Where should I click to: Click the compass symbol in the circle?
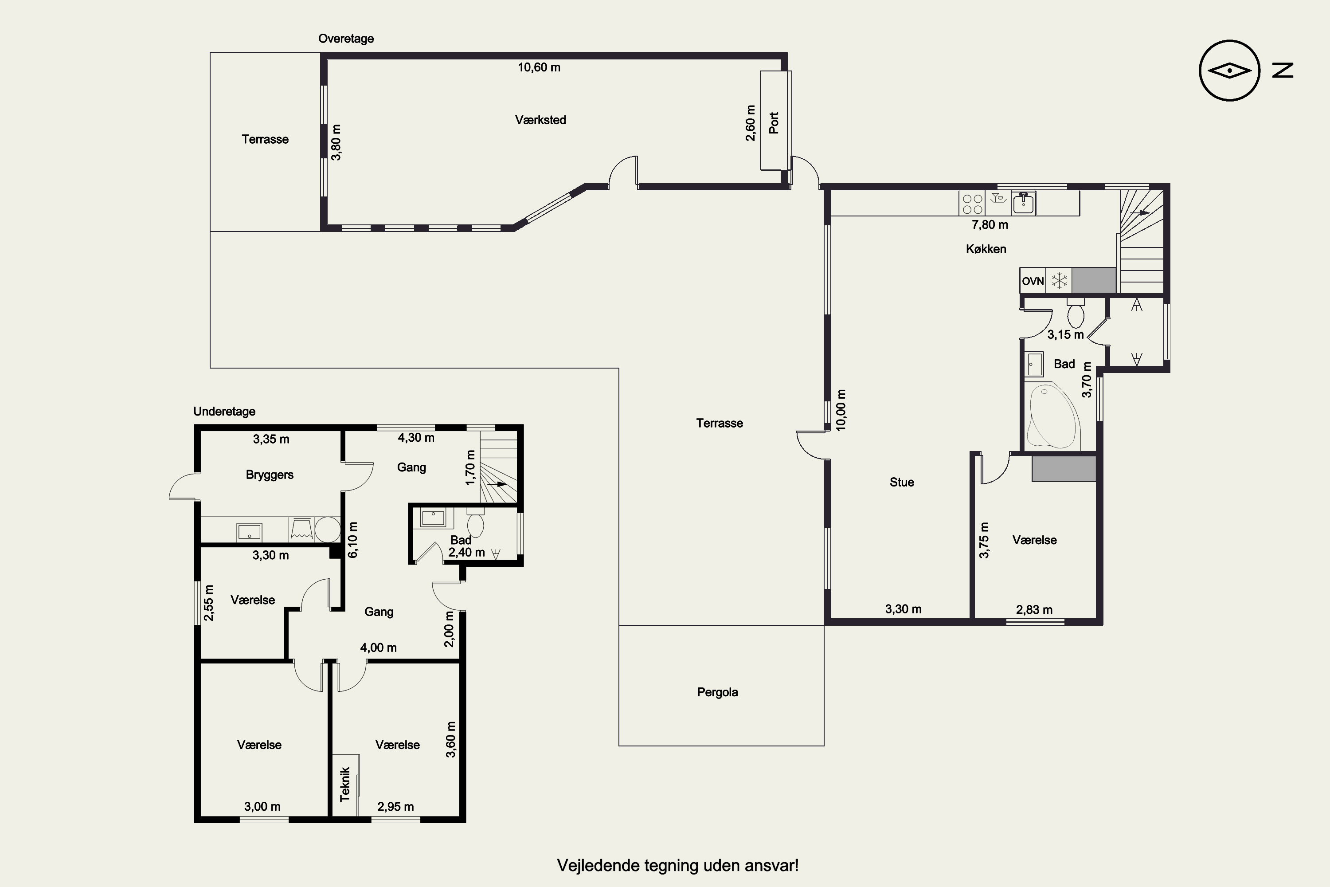pyautogui.click(x=1229, y=71)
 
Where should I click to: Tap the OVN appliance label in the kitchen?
pyautogui.click(x=1033, y=281)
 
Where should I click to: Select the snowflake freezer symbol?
pyautogui.click(x=1059, y=281)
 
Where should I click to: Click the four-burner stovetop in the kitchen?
pyautogui.click(x=972, y=204)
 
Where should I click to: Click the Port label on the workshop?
pyautogui.click(x=774, y=123)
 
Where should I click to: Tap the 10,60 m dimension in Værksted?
pyautogui.click(x=539, y=67)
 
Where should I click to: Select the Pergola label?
pyautogui.click(x=717, y=692)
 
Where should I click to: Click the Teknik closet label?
pyautogui.click(x=345, y=784)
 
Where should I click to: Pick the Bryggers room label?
pyautogui.click(x=270, y=475)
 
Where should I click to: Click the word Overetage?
pyautogui.click(x=346, y=39)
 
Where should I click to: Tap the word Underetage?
pyautogui.click(x=224, y=411)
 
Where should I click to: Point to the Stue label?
pyautogui.click(x=901, y=482)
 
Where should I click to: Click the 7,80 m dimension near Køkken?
pyautogui.click(x=990, y=224)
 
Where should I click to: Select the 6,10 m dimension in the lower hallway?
pyautogui.click(x=352, y=540)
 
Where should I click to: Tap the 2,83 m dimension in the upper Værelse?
pyautogui.click(x=1034, y=609)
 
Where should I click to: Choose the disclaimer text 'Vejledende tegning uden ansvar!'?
pyautogui.click(x=677, y=865)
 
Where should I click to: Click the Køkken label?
pyautogui.click(x=986, y=249)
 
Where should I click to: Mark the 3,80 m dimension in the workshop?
pyautogui.click(x=336, y=142)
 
